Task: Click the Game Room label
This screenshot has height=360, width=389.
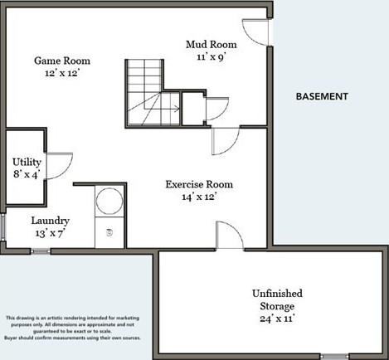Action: [x=62, y=61]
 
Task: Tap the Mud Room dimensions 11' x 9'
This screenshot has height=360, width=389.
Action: [x=212, y=57]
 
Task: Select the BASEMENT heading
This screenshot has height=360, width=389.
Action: [x=322, y=96]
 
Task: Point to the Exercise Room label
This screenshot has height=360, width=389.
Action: [x=199, y=184]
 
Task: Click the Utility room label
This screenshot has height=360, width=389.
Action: [x=27, y=163]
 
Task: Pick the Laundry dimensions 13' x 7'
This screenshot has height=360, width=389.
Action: [x=50, y=233]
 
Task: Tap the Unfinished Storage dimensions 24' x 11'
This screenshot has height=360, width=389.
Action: [x=277, y=319]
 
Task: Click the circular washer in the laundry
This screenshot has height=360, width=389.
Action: [x=109, y=201]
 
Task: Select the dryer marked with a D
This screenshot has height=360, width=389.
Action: [x=109, y=232]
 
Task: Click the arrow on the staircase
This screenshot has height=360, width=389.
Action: [x=169, y=109]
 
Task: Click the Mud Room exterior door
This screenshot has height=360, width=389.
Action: [x=255, y=32]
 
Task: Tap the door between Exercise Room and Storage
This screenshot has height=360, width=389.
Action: [x=230, y=235]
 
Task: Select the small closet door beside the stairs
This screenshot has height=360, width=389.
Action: [x=217, y=109]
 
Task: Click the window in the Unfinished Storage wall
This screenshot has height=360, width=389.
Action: [x=335, y=356]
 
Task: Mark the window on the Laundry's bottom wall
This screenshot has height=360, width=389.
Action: [x=41, y=251]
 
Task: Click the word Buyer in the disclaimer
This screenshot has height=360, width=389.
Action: [x=11, y=338]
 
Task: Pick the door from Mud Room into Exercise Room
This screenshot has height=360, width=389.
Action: [x=226, y=141]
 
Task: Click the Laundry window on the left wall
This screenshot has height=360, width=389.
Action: [x=2, y=226]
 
